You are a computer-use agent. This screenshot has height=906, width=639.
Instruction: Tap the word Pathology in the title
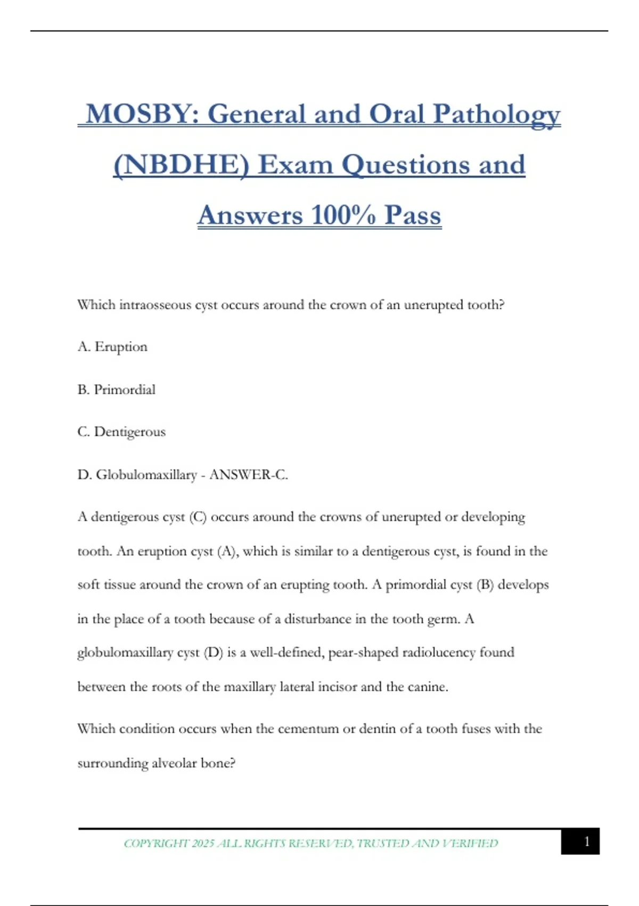coord(496,114)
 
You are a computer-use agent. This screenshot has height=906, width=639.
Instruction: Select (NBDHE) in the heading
coord(181,165)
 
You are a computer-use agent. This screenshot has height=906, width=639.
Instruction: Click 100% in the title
coord(343,215)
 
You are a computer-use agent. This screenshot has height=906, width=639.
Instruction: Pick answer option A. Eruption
coord(112,347)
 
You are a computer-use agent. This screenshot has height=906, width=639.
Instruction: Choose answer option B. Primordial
coord(117,390)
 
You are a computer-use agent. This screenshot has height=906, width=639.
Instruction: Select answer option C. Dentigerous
coord(121,432)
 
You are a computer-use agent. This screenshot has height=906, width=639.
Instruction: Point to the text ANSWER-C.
coord(249,474)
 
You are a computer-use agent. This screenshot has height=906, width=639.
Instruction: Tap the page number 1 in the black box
coord(586,842)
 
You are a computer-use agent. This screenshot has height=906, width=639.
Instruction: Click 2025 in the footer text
coord(202,843)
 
